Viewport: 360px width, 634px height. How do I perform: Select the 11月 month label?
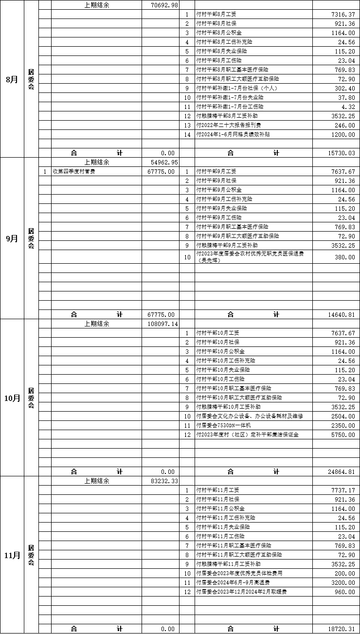[x=12, y=555]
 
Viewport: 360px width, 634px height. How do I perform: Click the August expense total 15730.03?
[x=342, y=153]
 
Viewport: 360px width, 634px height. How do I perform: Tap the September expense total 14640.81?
[x=342, y=315]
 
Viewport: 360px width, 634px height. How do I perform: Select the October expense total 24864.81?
[x=342, y=472]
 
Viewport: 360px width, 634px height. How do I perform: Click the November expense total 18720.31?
[x=342, y=629]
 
